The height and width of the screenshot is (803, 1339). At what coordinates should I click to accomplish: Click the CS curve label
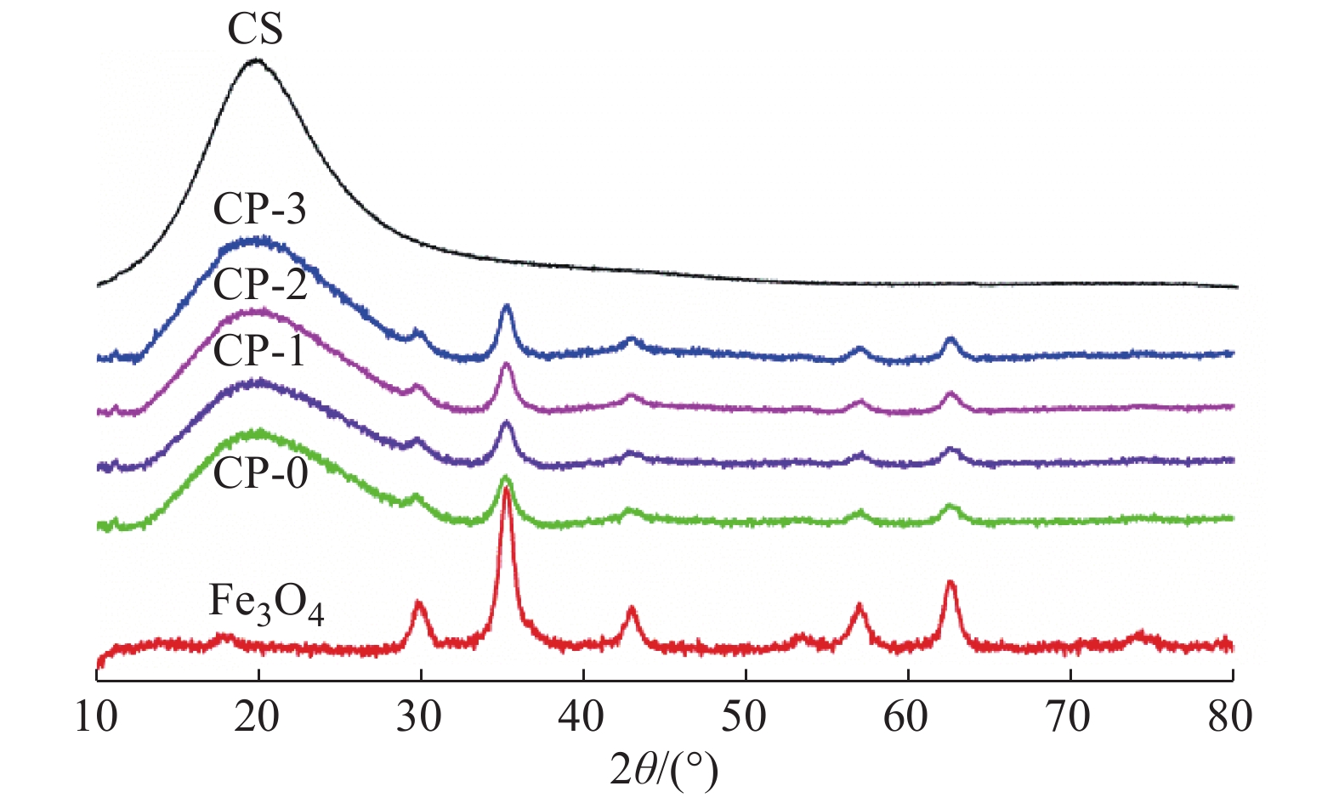pos(255,29)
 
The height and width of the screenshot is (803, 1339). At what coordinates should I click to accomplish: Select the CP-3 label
pos(259,209)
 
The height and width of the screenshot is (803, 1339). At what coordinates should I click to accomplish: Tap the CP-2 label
pos(259,284)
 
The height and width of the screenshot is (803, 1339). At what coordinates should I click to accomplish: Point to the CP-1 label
pos(258,350)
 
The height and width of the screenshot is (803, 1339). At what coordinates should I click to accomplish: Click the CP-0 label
pos(260,472)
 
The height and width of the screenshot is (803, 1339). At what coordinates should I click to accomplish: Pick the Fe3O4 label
pos(266,604)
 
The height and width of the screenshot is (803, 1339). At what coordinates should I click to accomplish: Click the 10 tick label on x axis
pos(96,717)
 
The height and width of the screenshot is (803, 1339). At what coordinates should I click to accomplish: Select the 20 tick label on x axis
pos(258,717)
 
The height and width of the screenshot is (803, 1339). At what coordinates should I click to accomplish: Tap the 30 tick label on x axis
pos(420,717)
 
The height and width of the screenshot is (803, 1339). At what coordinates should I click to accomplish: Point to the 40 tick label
pos(582,717)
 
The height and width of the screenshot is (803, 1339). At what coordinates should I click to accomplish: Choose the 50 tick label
pos(745,717)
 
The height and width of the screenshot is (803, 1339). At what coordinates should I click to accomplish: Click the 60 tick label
pos(907,717)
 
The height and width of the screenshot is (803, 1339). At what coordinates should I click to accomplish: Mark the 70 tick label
pos(1069,717)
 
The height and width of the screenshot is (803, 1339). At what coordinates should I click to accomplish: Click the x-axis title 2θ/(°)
pos(664,769)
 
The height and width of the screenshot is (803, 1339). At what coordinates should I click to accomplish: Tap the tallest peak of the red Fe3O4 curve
pos(507,489)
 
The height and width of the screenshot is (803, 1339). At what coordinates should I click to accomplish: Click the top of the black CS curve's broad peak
pos(255,60)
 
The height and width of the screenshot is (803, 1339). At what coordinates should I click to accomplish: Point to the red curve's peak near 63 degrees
pos(950,583)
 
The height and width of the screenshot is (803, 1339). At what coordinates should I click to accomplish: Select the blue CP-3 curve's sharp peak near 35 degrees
pos(507,306)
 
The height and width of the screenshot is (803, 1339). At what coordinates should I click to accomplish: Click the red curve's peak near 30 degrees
pos(418,602)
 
